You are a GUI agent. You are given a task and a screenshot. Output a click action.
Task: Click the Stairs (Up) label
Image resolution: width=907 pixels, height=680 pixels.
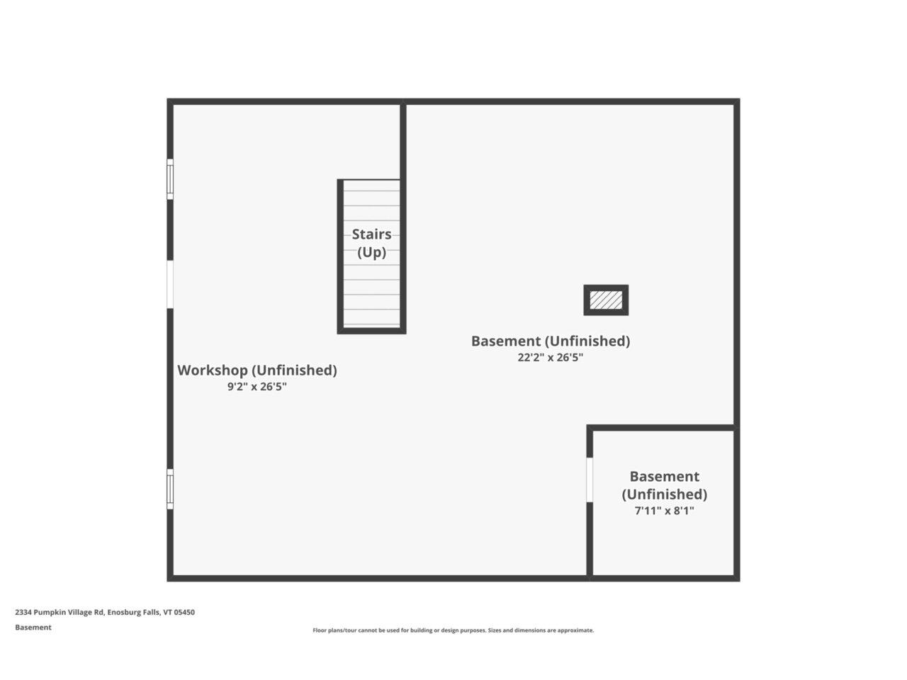click(371, 243)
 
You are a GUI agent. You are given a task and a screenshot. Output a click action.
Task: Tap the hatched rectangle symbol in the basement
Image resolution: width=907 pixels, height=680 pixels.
click(606, 300)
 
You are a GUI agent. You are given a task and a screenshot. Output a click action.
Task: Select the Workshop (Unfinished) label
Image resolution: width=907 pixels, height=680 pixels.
click(257, 370)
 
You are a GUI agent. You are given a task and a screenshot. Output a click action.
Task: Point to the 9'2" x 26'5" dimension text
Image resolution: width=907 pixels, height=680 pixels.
click(257, 387)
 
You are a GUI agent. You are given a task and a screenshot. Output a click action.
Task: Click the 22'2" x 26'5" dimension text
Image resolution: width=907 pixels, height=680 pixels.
click(550, 358)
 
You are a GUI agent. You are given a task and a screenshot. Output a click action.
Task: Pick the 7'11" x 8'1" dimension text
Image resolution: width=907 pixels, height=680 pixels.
click(664, 511)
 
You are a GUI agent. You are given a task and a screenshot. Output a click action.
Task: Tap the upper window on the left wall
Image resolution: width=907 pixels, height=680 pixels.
click(170, 179)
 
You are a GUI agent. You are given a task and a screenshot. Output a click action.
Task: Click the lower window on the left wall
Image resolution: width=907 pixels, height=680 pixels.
click(170, 489)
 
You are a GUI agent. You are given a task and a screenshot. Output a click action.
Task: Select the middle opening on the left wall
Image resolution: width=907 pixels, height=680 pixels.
click(170, 284)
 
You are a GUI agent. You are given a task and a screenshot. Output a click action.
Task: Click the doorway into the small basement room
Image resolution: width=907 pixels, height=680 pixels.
click(590, 480)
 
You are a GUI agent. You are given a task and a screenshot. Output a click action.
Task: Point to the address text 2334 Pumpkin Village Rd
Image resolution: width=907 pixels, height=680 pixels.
click(60, 613)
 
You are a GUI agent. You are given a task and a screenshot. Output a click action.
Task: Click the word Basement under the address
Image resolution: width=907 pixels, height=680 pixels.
click(33, 628)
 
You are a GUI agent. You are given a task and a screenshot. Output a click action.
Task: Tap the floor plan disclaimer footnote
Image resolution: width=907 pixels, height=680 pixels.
click(453, 630)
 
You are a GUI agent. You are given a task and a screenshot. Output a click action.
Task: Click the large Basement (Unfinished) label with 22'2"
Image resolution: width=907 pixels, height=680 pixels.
click(550, 341)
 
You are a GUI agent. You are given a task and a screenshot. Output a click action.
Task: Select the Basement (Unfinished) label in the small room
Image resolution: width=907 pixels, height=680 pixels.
click(664, 485)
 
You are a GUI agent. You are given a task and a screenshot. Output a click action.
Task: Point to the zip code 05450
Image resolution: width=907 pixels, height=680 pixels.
click(184, 613)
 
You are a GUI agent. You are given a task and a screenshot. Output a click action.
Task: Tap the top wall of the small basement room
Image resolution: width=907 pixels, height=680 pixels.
click(663, 428)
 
